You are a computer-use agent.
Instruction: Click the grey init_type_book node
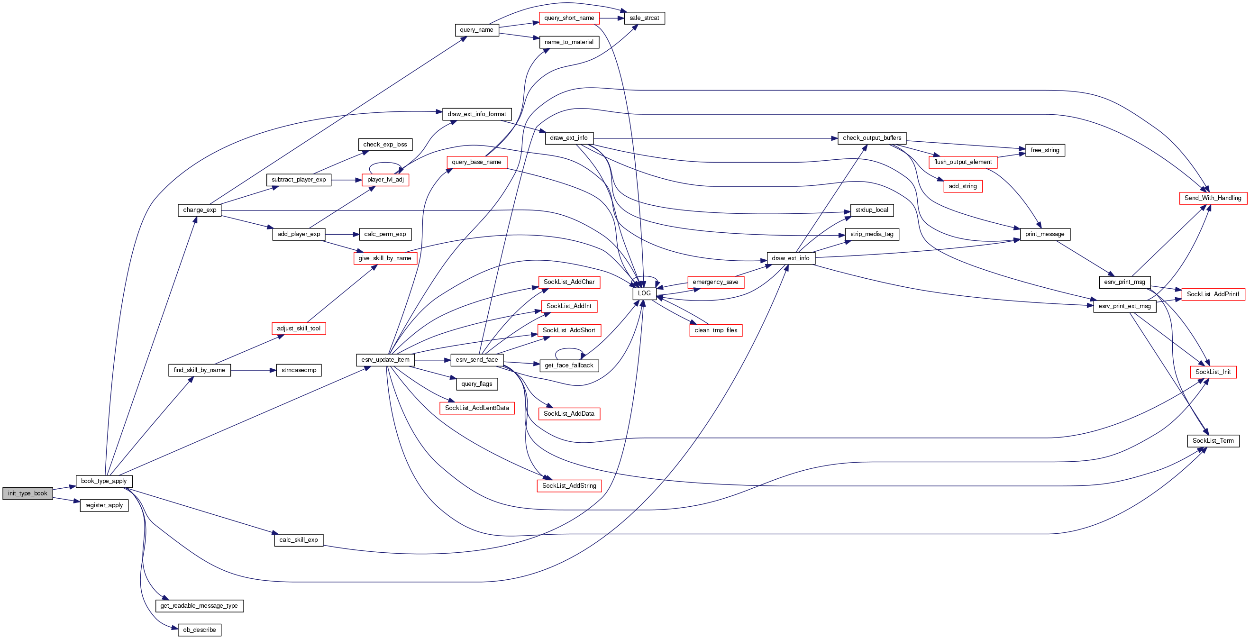point(27,493)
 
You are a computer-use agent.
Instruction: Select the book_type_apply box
point(104,481)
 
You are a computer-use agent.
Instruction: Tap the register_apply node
point(104,506)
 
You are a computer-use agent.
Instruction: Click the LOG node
point(644,293)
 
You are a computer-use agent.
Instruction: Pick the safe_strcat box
point(644,18)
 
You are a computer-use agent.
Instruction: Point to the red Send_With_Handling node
point(1213,198)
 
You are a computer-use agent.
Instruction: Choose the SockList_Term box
point(1213,441)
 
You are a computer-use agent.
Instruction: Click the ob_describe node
point(200,630)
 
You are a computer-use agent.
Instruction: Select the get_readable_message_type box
point(199,606)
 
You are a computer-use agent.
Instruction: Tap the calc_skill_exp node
point(299,540)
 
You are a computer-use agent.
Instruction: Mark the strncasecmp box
point(299,370)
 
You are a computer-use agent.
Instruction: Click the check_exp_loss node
point(385,145)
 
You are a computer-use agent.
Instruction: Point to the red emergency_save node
point(715,283)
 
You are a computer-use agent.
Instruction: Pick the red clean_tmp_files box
point(716,330)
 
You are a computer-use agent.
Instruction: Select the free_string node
point(1045,150)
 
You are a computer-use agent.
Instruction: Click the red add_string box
point(963,186)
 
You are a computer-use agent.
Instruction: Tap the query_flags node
point(476,384)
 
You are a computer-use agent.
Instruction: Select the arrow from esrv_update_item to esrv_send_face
point(432,360)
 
